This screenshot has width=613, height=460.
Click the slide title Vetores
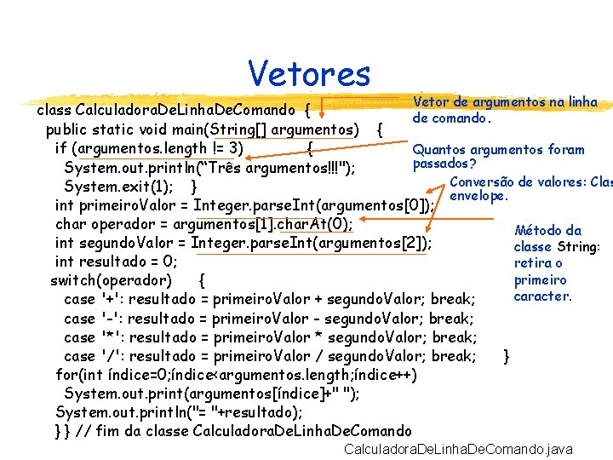coord(309,73)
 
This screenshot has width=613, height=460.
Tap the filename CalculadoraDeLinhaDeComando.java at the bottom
coord(457,449)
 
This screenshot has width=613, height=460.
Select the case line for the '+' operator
coord(268,299)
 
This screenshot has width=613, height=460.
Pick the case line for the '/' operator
coord(269,356)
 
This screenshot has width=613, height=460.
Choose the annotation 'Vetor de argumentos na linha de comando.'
coord(504,110)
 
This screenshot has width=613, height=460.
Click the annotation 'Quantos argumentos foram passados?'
coord(498,156)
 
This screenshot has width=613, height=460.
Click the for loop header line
coord(236,375)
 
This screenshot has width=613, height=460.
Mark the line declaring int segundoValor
coord(243,243)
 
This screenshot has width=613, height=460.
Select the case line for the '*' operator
coord(269,337)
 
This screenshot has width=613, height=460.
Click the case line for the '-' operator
coord(268,319)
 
